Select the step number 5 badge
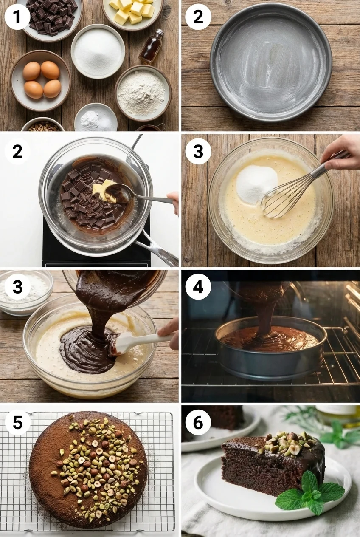click(x=17, y=422)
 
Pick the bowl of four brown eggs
click(x=41, y=80)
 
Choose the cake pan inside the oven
click(x=271, y=348)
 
